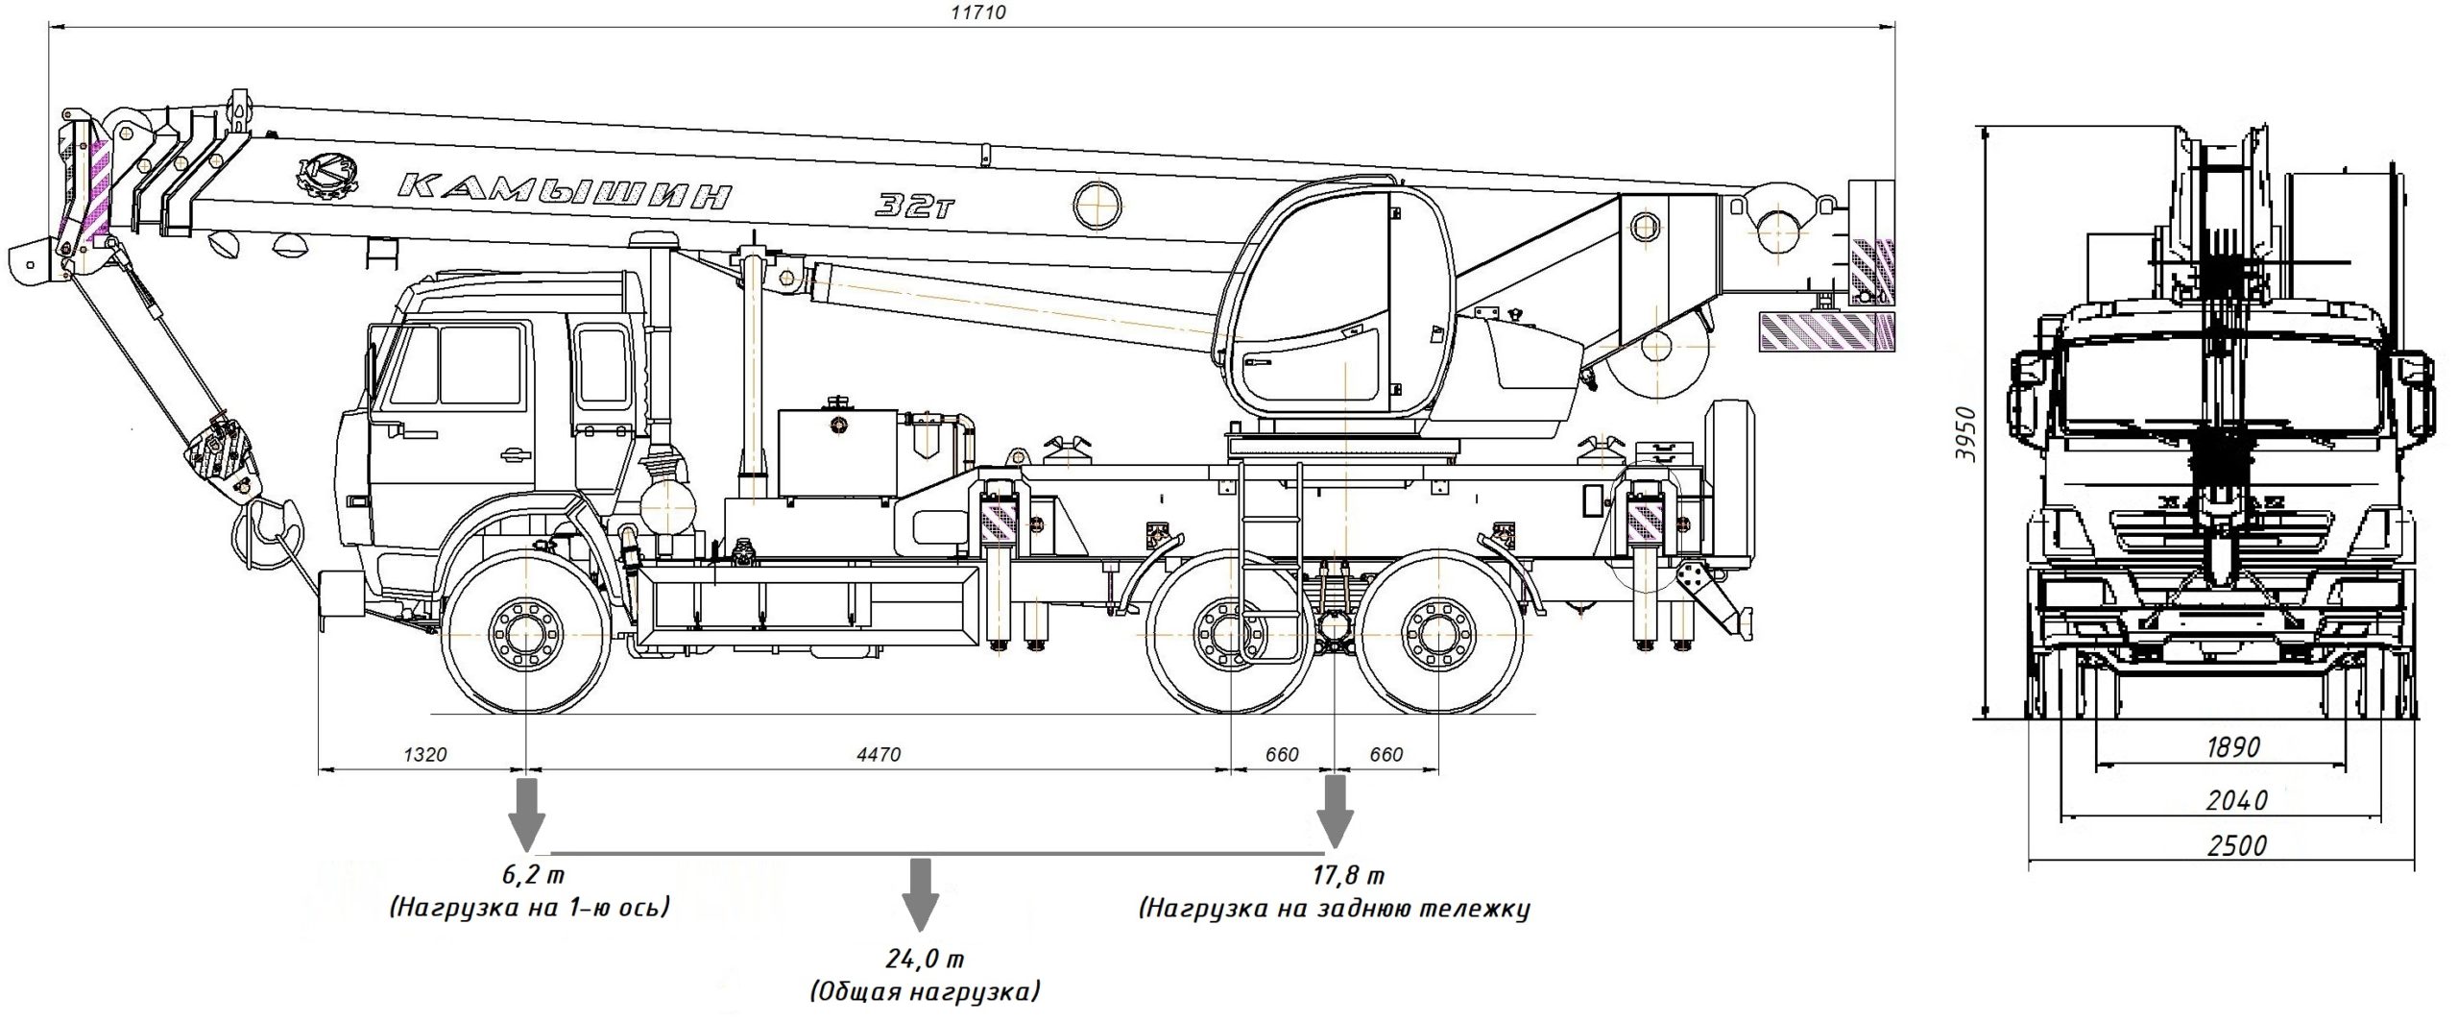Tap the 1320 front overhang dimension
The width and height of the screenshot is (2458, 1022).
424,755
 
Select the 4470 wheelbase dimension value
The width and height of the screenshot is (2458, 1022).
878,755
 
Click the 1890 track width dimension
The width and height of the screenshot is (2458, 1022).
2233,746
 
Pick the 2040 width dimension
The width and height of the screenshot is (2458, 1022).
2237,799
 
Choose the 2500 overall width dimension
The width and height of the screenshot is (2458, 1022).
2237,845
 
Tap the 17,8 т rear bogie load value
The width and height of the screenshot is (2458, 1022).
1348,875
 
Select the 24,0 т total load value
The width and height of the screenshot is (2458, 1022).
925,959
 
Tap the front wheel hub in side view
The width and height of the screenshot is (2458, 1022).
526,634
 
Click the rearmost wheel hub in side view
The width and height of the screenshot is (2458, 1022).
1437,634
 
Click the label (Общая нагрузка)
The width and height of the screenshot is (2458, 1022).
925,991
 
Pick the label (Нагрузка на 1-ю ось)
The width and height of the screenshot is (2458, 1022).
529,907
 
